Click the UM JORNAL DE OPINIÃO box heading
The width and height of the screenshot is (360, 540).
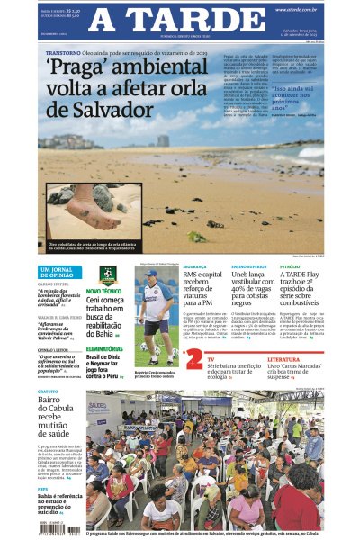tap(59, 273)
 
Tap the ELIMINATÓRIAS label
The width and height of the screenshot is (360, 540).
tap(104, 347)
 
